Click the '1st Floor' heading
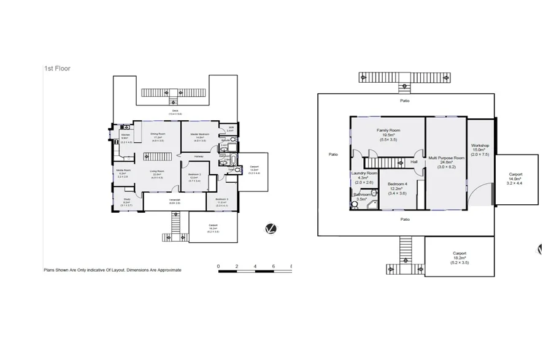coord(57,69)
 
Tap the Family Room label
coord(388,131)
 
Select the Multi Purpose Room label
coord(445,158)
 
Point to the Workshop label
coord(480,145)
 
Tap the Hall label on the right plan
coord(414,162)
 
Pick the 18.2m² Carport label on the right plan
coord(460,253)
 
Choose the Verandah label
coord(175,199)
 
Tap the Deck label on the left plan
coord(175,110)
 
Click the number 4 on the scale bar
coord(255,267)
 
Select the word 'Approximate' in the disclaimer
coord(167,270)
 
